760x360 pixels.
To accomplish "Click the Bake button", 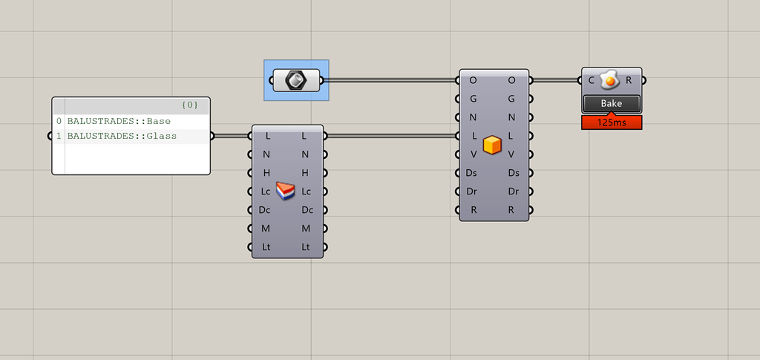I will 612,103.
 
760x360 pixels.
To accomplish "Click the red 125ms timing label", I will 612,122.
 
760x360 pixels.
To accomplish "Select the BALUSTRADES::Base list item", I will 119,121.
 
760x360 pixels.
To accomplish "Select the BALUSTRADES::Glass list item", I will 122,136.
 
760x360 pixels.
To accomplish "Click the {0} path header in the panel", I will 189,105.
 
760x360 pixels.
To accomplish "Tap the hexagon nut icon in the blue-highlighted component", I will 296,79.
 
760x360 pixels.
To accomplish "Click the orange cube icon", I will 492,145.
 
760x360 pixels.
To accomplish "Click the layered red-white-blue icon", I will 286,191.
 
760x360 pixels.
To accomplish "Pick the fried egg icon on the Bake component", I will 609,79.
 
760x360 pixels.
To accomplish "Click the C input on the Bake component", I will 592,79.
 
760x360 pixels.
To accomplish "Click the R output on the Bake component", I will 629,79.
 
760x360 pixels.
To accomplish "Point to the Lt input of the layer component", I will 267,246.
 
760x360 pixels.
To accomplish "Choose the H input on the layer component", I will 267,173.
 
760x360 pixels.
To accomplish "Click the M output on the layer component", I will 305,228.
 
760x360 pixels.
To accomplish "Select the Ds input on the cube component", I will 472,173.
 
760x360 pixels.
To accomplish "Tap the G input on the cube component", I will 474,98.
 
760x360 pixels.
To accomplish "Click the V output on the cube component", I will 511,154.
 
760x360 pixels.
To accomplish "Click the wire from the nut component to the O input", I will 390,79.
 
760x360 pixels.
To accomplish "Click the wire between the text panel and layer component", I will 232,136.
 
